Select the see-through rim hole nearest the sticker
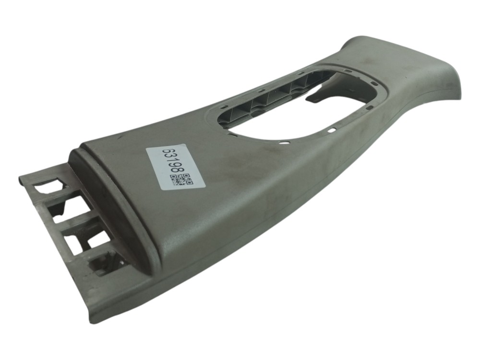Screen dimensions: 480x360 point(285,143)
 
